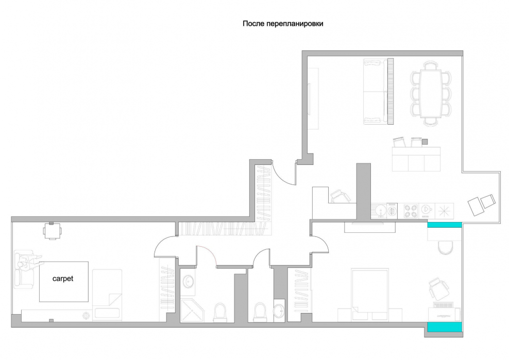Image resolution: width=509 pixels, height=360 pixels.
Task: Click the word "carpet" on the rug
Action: point(63,279)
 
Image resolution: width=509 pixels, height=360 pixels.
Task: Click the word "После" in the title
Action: point(253,23)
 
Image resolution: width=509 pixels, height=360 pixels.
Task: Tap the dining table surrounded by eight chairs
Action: point(431,94)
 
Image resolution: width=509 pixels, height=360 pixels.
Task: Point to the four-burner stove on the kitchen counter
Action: point(411,211)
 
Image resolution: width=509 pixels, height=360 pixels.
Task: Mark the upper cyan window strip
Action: point(445,225)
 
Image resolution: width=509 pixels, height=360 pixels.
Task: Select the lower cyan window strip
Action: point(445,327)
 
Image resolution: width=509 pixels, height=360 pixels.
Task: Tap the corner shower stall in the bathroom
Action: point(192,311)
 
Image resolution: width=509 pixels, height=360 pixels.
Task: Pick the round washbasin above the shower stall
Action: point(188,281)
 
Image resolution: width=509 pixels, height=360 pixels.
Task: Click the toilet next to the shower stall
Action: point(220,312)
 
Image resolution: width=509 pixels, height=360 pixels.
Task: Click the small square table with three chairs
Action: point(52,231)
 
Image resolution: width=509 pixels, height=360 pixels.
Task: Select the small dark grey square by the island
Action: point(425,142)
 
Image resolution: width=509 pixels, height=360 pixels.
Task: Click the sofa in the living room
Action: point(376,91)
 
